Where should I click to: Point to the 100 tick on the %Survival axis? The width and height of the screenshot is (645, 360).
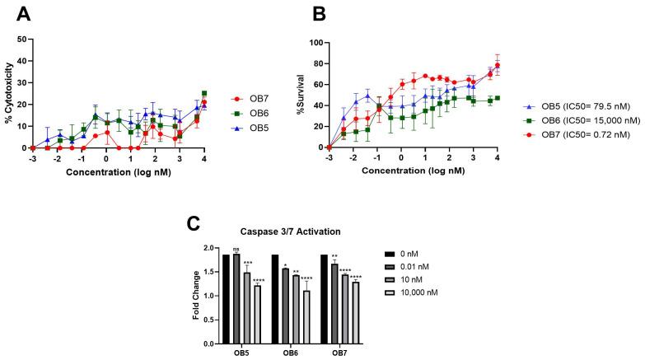(x=315, y=42)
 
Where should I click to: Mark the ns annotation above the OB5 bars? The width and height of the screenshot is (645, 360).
(x=236, y=249)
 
